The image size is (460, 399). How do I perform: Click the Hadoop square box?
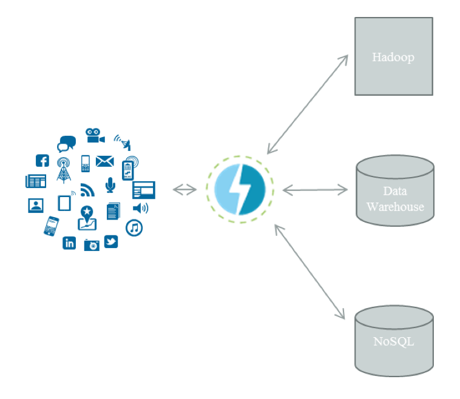(393, 56)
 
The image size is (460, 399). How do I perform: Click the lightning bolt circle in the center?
(240, 189)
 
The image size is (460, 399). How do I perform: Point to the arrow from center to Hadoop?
(308, 104)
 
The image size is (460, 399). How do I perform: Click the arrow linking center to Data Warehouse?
(315, 190)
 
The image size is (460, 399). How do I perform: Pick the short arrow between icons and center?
(184, 190)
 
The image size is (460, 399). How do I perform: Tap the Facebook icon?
(42, 161)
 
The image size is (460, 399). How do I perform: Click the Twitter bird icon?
(110, 242)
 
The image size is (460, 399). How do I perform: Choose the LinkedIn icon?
(69, 243)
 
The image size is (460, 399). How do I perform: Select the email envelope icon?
(105, 161)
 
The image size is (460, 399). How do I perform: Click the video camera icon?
(94, 135)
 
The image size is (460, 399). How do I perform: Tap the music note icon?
(134, 228)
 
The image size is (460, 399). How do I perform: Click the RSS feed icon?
(88, 190)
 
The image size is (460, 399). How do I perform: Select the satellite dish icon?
(123, 142)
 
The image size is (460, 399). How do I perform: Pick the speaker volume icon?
(140, 209)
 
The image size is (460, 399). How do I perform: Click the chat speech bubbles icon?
(66, 144)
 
